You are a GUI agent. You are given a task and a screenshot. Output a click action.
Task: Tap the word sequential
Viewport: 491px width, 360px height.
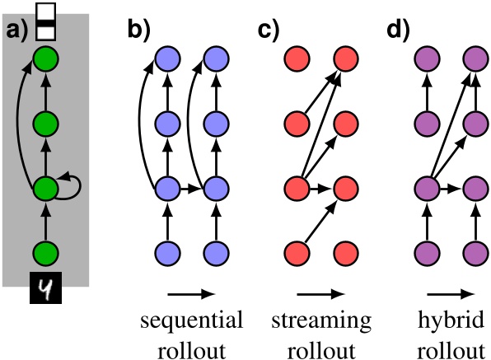point(190,320)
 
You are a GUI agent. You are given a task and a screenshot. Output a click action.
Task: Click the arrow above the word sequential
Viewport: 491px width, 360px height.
point(189,291)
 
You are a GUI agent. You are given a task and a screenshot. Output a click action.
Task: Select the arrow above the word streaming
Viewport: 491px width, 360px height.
point(320,291)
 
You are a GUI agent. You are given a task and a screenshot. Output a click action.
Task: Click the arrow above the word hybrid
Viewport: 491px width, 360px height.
point(450,291)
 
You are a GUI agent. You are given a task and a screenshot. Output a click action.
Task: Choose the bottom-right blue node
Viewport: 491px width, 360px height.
point(216,252)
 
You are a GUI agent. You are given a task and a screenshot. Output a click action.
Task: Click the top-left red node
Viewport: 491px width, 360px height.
point(295,59)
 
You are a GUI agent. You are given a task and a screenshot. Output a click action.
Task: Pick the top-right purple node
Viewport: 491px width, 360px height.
point(475,59)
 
